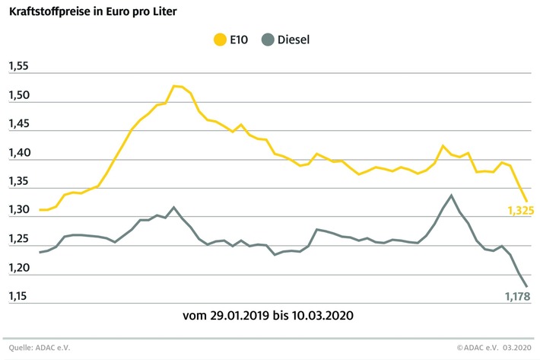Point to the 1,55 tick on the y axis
17,67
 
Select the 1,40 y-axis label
17,153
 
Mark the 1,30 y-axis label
17,210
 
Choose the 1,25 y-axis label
17,239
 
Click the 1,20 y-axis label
17,267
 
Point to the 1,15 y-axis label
17,296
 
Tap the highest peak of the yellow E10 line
174,86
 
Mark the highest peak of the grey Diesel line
452,195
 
